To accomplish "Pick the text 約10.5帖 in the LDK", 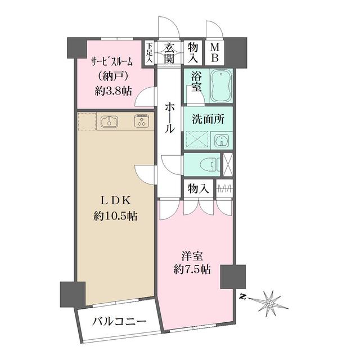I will (117, 215).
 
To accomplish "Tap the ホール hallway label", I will (169, 117).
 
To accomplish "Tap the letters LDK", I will (117, 200).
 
